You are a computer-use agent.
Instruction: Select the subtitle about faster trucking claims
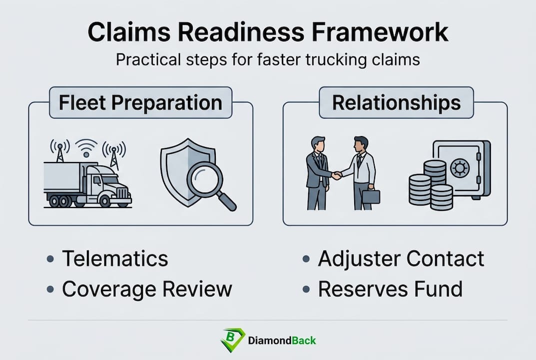268,59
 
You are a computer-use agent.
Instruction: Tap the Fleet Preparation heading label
140,103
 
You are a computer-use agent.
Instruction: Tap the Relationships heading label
396,103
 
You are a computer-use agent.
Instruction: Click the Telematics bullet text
115,259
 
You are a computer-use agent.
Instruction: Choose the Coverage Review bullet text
147,289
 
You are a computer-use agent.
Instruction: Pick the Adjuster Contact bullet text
401,259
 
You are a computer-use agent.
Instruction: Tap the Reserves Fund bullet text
390,289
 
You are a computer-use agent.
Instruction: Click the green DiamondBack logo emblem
232,340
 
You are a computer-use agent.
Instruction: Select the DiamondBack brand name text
282,340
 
